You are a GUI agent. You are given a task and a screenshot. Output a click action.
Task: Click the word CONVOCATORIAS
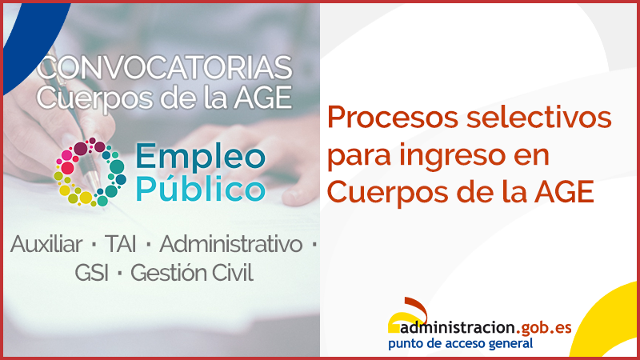[165, 67]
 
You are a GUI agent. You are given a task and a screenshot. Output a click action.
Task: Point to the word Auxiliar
[47, 244]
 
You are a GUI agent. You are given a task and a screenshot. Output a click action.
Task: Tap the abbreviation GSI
[92, 274]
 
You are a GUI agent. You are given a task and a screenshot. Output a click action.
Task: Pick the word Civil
[232, 274]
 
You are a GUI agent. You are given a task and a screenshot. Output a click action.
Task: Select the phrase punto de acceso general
[460, 343]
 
